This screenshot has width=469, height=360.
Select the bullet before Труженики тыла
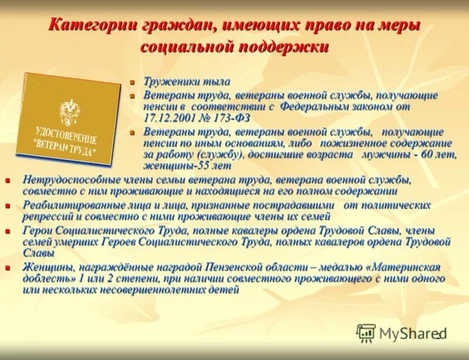click(132, 82)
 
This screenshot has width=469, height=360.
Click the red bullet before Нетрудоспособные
click(8, 181)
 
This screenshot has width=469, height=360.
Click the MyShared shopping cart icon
click(366, 332)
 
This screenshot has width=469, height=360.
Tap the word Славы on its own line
click(38, 253)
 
